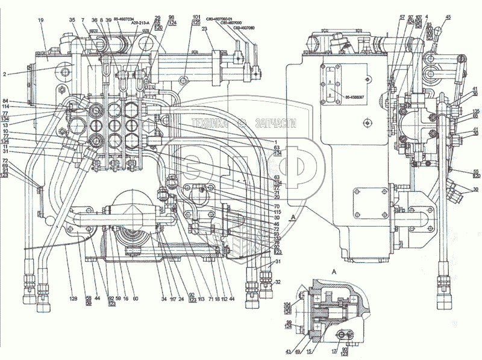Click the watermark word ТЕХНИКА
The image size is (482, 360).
tap(210, 124)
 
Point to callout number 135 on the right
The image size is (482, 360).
tap(475, 111)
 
